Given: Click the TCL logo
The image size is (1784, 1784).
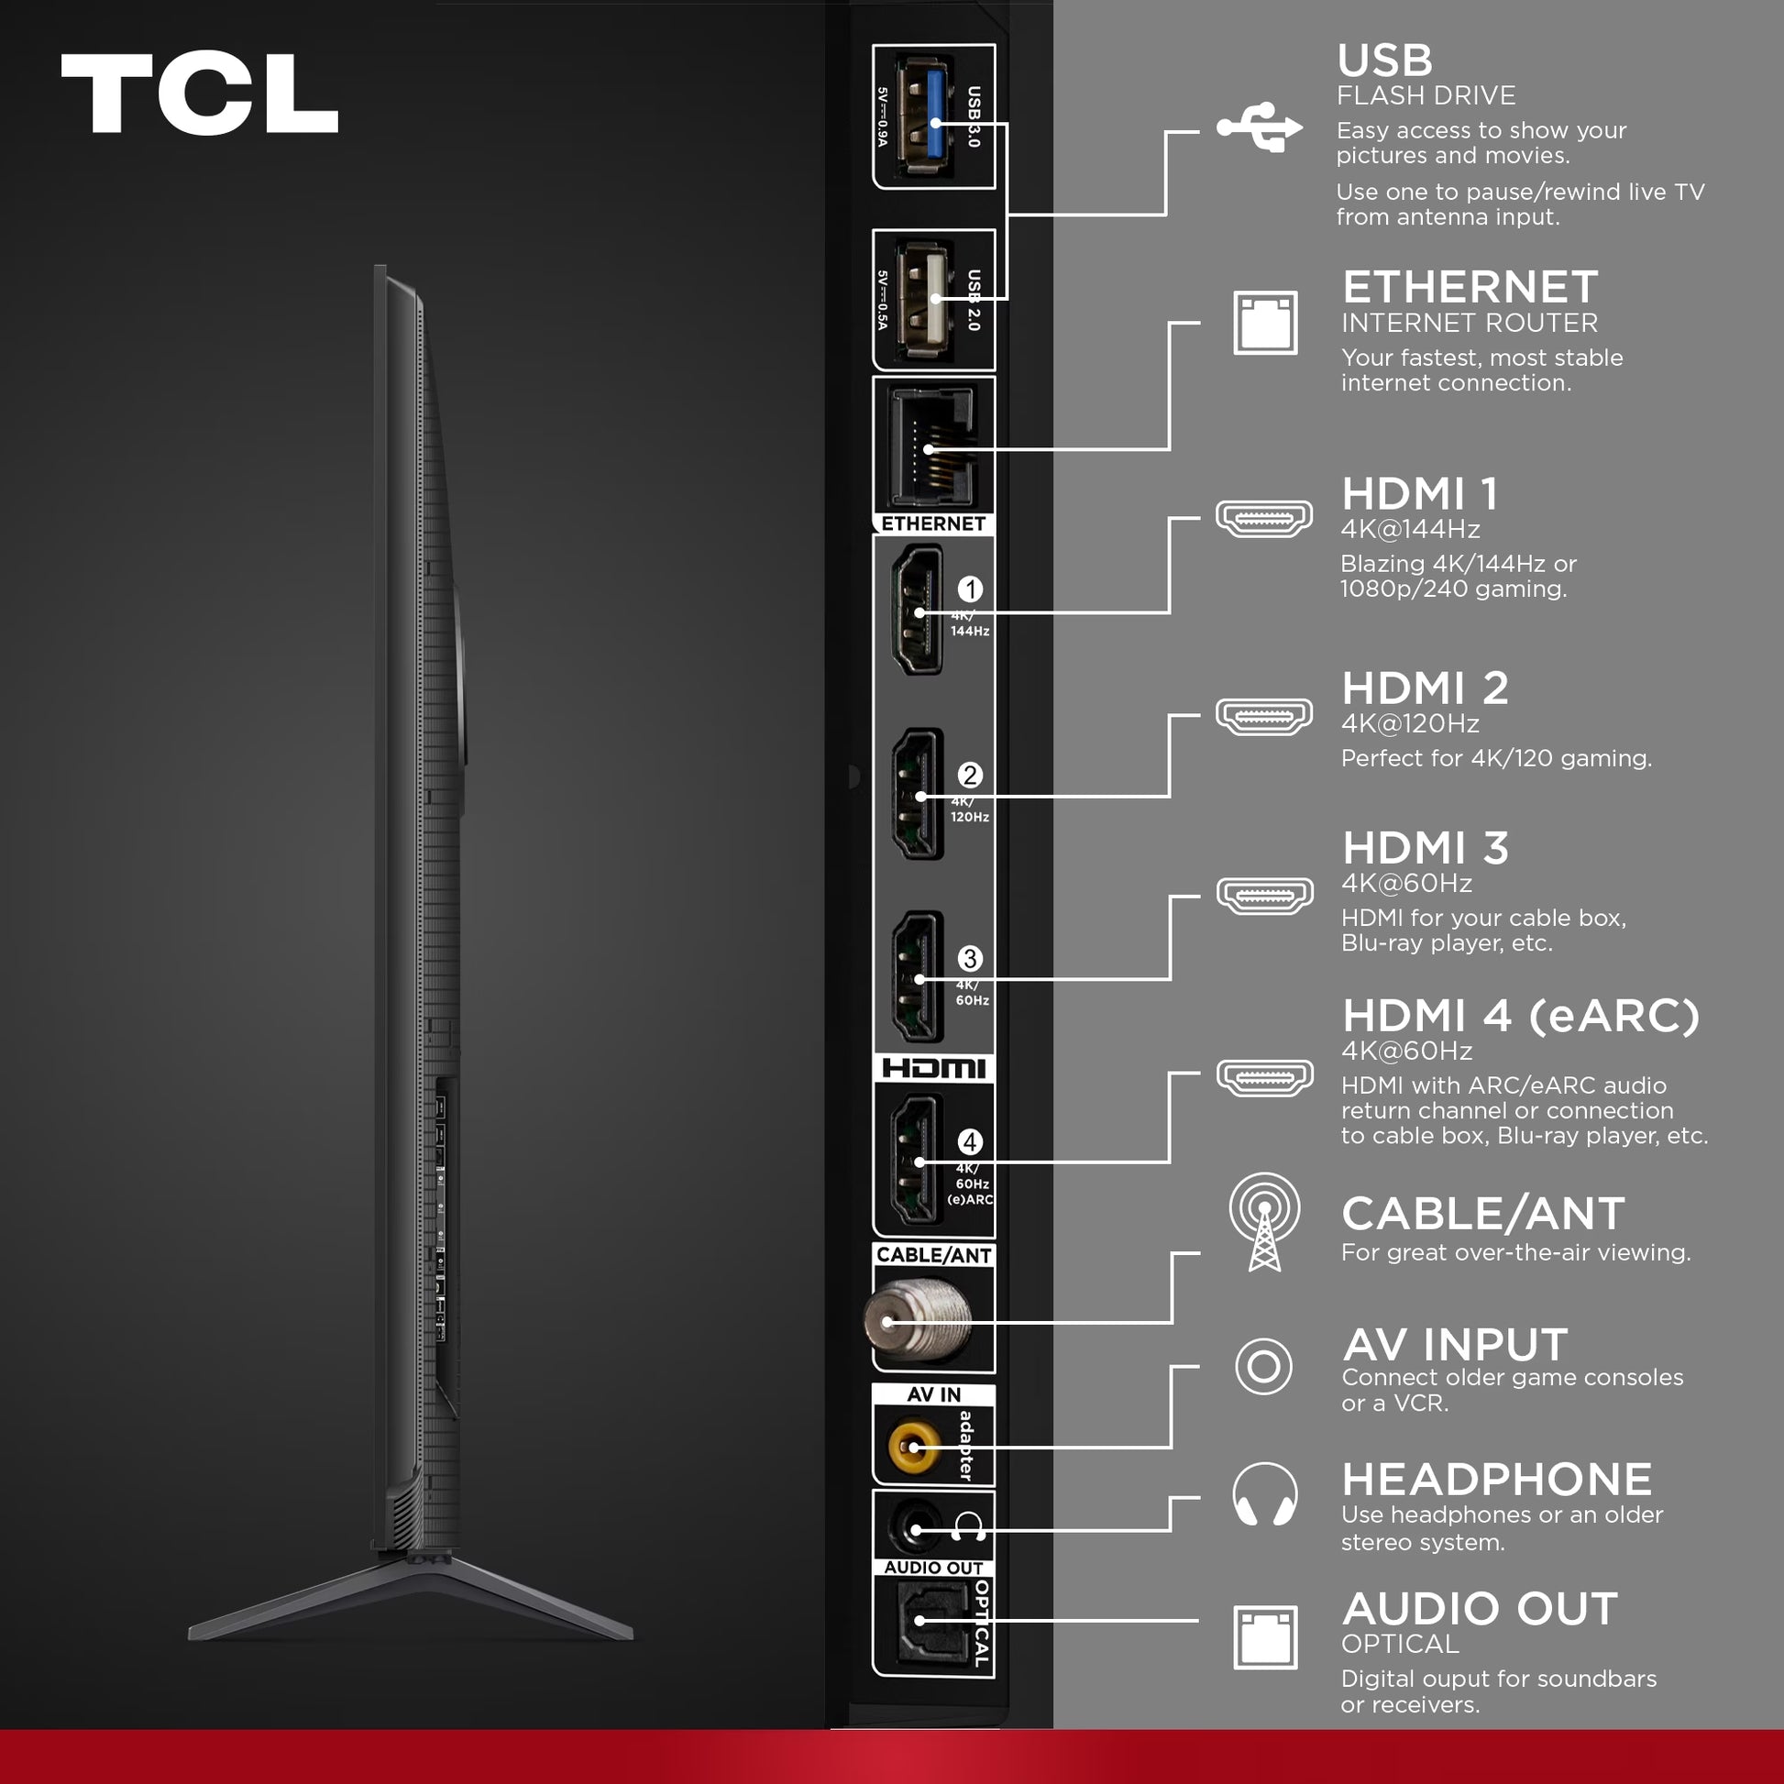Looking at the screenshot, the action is click(200, 94).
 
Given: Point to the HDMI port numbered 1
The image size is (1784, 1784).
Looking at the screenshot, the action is click(917, 610).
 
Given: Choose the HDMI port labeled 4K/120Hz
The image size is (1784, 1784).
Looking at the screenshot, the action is click(918, 794).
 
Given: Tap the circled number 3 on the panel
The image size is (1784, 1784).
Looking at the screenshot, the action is click(970, 959).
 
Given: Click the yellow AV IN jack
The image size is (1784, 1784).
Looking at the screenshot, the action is click(912, 1447).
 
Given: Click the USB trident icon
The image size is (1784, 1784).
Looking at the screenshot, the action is click(1260, 127).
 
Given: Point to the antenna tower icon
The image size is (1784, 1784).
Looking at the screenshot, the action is click(1264, 1222).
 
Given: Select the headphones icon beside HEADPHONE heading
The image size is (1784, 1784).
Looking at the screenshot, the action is click(1264, 1493).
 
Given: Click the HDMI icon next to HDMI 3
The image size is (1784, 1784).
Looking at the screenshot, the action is click(1264, 895).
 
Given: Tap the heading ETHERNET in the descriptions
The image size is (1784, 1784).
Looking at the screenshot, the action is click(1470, 287).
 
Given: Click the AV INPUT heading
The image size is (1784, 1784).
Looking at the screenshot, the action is click(1455, 1345).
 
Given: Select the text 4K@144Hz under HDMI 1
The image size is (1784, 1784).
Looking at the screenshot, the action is click(1410, 529).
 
